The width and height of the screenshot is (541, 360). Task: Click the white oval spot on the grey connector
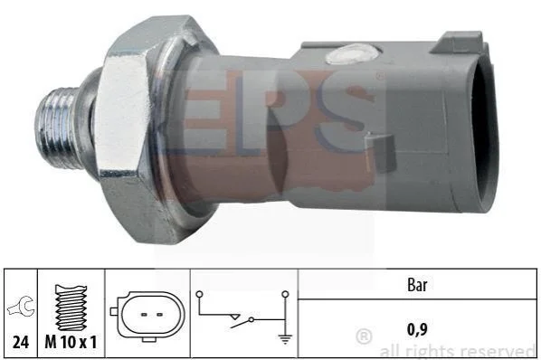pyautogui.click(x=353, y=54)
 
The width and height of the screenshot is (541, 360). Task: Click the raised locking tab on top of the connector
pyautogui.click(x=458, y=43)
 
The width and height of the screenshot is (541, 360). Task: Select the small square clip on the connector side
pyautogui.click(x=380, y=152)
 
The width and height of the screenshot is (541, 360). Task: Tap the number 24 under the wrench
pyautogui.click(x=21, y=342)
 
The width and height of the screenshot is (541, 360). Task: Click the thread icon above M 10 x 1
pyautogui.click(x=71, y=308)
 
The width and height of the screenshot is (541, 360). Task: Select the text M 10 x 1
pyautogui.click(x=71, y=342)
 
